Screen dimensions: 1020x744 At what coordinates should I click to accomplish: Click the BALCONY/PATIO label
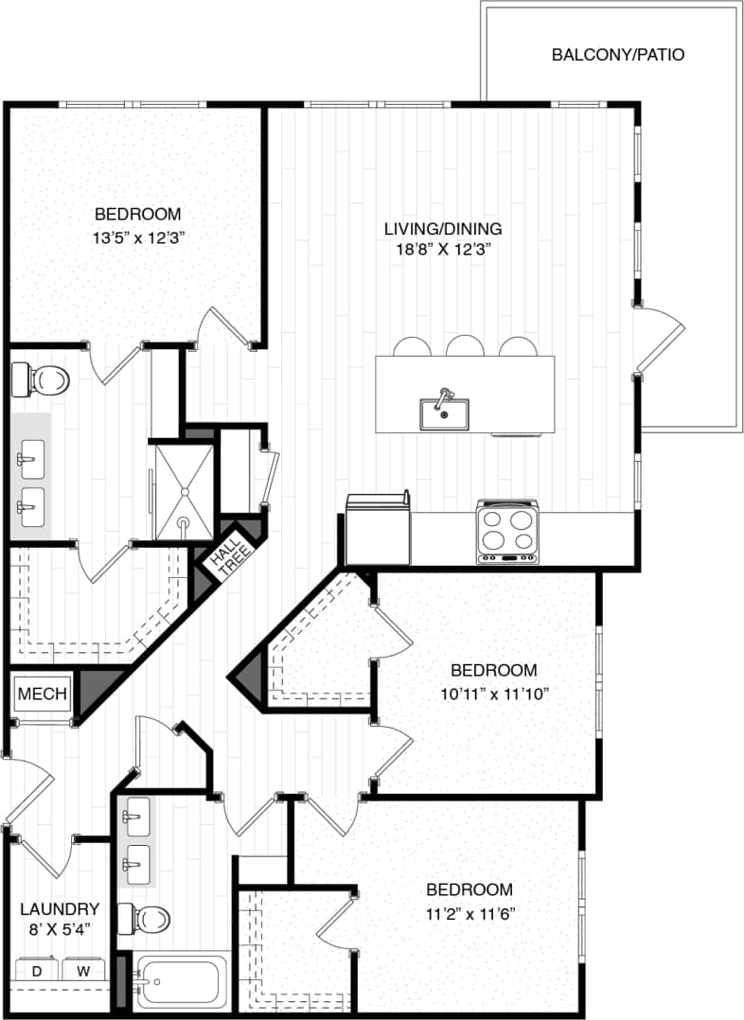click(617, 55)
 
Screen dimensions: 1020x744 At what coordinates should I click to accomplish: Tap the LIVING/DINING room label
click(442, 229)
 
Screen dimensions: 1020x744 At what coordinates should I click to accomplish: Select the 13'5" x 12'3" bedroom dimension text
click(137, 238)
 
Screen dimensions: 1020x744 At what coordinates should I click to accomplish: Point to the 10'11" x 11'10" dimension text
click(494, 694)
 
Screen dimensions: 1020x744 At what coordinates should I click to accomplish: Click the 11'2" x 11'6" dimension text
click(469, 914)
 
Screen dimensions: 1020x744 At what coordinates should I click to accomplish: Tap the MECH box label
click(43, 694)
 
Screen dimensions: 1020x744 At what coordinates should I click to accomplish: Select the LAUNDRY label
click(60, 908)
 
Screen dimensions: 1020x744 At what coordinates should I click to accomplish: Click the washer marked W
click(83, 972)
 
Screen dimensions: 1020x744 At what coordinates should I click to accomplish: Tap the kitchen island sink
click(444, 413)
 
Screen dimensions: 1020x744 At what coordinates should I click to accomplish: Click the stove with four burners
click(507, 533)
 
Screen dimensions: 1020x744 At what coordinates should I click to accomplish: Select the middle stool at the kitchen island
click(465, 345)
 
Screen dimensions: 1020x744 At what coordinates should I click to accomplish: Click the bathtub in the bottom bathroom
click(182, 982)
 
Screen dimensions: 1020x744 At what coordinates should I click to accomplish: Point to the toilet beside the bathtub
click(149, 917)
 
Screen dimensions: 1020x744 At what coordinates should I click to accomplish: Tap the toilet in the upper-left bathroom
click(43, 380)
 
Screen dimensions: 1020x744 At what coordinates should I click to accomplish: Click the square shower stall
click(185, 492)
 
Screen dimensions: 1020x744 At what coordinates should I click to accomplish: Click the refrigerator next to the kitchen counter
click(378, 531)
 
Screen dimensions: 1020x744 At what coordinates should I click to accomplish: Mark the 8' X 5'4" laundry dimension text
click(60, 930)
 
